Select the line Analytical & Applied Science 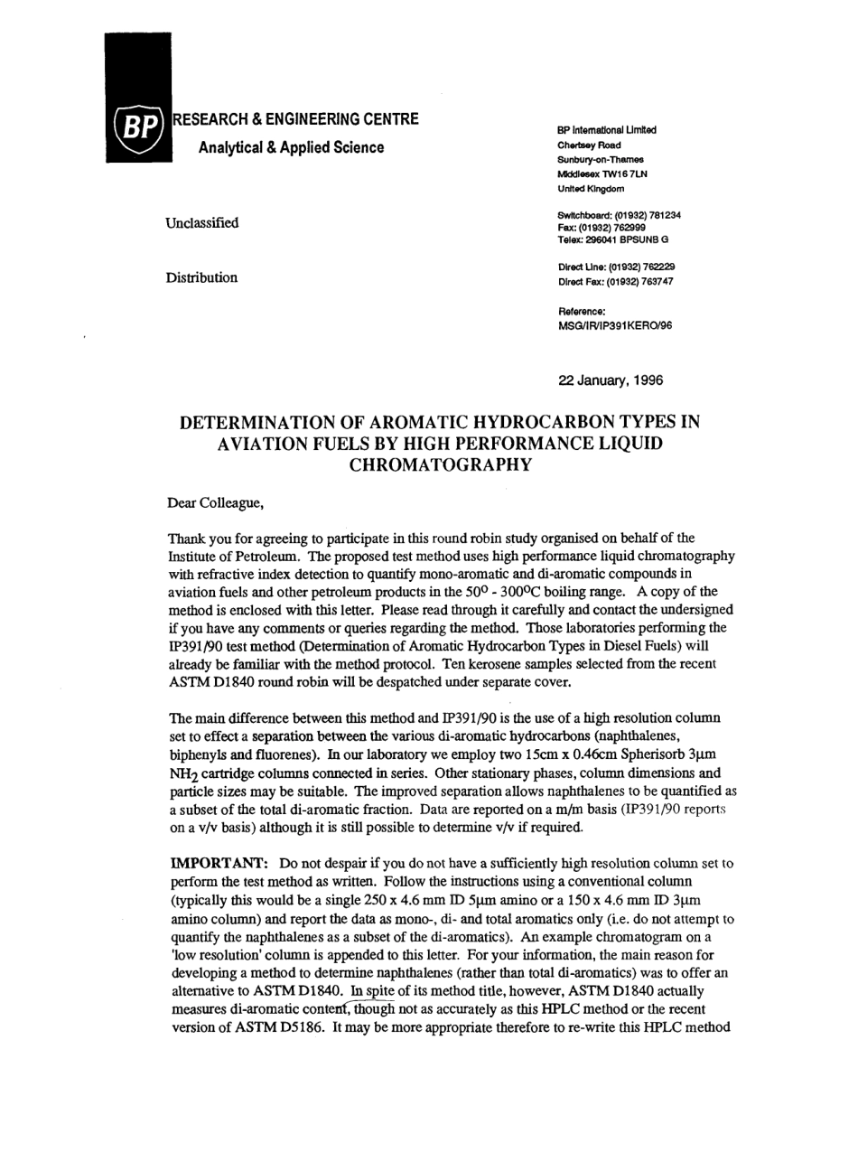[x=291, y=147]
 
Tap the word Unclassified [x=201, y=222]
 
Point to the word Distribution [x=201, y=277]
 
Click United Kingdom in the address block [x=591, y=189]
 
